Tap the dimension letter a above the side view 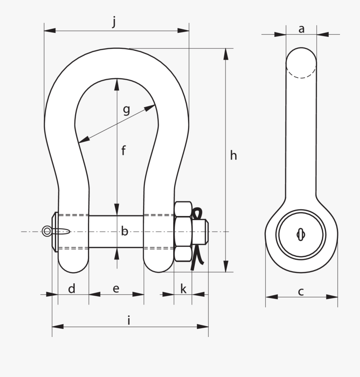click(x=302, y=29)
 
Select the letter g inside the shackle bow click(x=126, y=110)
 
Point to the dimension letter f click(x=124, y=151)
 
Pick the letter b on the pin click(x=125, y=231)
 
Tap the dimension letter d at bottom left click(x=72, y=289)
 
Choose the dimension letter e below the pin click(x=116, y=289)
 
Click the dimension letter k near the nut click(x=183, y=289)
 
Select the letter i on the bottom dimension click(x=129, y=320)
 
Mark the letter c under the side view click(x=301, y=292)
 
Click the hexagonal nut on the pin click(x=182, y=231)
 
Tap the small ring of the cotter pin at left click(x=47, y=231)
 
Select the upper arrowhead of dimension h click(x=226, y=54)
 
